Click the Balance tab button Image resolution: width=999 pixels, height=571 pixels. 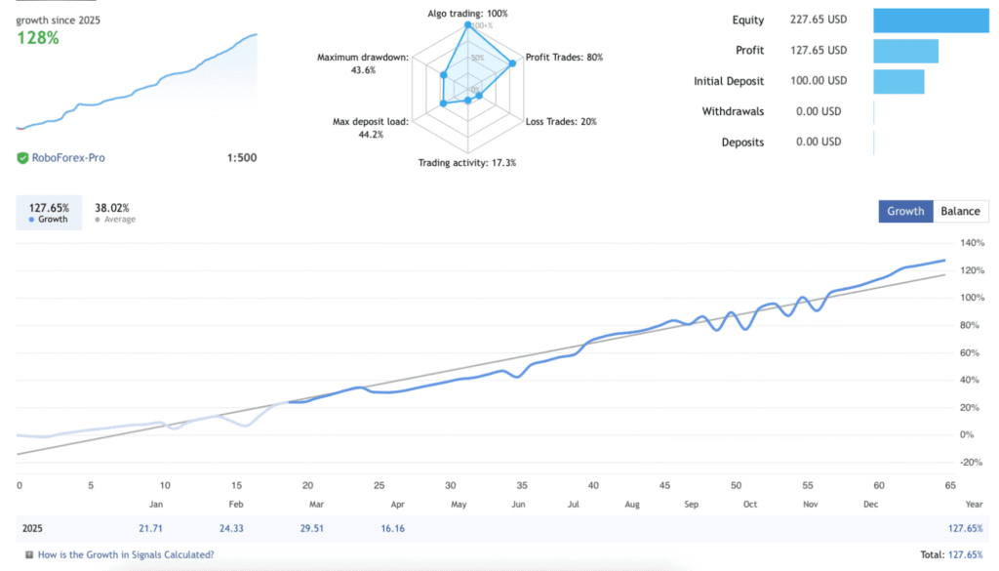(960, 211)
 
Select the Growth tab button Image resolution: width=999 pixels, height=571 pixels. (905, 211)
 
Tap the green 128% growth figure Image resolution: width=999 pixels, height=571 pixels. (38, 38)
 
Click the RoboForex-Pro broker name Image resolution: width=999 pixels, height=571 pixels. (67, 157)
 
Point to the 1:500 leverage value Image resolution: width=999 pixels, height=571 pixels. (242, 157)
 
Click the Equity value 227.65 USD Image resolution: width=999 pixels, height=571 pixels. (818, 20)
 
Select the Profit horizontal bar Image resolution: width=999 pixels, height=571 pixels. (905, 51)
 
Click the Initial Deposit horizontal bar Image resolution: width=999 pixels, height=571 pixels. (899, 81)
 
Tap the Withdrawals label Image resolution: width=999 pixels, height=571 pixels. (733, 111)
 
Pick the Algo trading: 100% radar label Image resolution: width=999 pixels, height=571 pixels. (467, 14)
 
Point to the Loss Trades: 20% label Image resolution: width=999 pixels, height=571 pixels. (561, 122)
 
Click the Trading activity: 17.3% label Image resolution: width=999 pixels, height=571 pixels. (467, 163)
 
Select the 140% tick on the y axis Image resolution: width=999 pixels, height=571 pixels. (973, 243)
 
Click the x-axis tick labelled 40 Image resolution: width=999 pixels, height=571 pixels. (593, 485)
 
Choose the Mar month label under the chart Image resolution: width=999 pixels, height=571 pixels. (316, 505)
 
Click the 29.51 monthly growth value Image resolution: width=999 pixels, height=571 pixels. (309, 528)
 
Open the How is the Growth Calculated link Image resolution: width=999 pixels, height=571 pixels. (126, 554)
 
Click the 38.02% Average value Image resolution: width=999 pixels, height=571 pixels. (112, 208)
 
